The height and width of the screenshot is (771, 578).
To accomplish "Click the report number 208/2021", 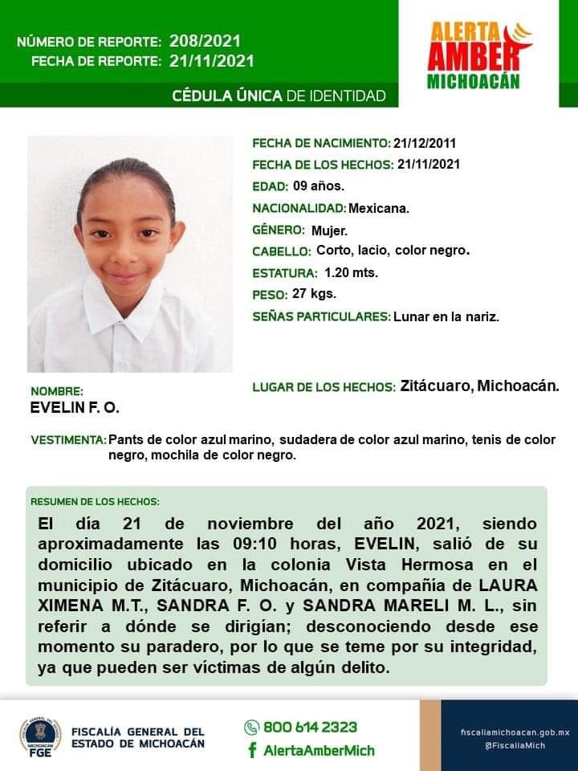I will [205, 41].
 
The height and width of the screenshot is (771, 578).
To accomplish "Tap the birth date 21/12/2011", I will [425, 144].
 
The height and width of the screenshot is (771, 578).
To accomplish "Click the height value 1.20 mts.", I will [351, 272].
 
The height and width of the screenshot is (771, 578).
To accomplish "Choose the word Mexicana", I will [379, 208].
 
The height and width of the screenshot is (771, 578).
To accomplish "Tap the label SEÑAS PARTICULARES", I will [321, 316].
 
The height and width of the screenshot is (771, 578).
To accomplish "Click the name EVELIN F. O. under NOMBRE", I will [75, 408].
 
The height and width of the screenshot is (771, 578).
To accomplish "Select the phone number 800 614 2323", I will [311, 727].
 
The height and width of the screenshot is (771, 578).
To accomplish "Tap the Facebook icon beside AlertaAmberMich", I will [252, 750].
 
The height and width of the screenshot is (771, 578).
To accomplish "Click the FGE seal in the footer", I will [39, 736].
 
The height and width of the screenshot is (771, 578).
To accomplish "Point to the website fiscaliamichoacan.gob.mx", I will [515, 732].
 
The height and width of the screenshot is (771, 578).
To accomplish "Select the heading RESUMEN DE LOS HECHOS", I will [95, 502].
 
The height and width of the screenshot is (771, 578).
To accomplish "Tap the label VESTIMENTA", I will [68, 440].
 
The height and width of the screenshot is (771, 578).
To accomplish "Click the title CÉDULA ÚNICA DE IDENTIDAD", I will [279, 96].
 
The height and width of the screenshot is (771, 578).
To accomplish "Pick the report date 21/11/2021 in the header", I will [212, 61].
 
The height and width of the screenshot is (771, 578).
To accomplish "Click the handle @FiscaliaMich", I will [515, 745].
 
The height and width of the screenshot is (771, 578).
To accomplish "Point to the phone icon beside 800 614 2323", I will [251, 728].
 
